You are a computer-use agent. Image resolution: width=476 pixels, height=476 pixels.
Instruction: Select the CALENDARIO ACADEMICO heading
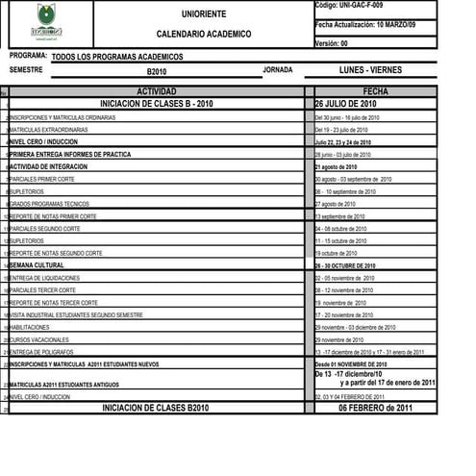pyautogui.click(x=203, y=34)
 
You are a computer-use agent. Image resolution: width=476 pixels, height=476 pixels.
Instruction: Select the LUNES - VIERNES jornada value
pyautogui.click(x=371, y=70)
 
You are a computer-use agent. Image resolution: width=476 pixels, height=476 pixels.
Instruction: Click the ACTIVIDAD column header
pyautogui.click(x=157, y=91)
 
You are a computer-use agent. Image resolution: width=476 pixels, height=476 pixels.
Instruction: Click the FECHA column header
pyautogui.click(x=376, y=91)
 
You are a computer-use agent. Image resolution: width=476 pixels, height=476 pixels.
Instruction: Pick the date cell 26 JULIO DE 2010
pyautogui.click(x=345, y=104)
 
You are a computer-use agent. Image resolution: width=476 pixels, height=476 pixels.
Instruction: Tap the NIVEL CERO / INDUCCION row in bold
pyautogui.click(x=44, y=141)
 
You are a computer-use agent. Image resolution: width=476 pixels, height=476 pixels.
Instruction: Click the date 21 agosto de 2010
pyautogui.click(x=336, y=166)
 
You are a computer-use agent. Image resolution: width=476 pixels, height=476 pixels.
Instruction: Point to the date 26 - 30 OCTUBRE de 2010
pyautogui.click(x=344, y=265)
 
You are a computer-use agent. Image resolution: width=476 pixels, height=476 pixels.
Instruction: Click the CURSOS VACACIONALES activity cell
pyautogui.click(x=39, y=339)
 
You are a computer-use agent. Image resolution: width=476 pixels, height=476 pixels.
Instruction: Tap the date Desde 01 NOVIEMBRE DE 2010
pyautogui.click(x=350, y=364)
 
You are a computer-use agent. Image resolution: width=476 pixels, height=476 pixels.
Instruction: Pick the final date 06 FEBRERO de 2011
pyautogui.click(x=376, y=408)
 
